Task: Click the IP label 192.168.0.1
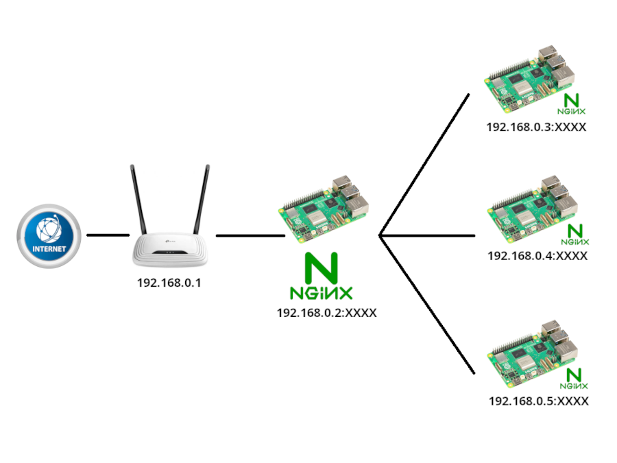tap(169, 283)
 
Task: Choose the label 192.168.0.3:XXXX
tap(537, 127)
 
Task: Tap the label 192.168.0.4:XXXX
tap(537, 255)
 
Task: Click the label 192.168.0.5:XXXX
tap(538, 401)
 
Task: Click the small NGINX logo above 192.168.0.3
tap(570, 104)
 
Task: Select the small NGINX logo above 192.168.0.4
tap(574, 234)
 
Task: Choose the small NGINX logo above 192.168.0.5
tap(574, 379)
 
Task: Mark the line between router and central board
tap(250, 235)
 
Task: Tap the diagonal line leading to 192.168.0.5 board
tap(426, 304)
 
